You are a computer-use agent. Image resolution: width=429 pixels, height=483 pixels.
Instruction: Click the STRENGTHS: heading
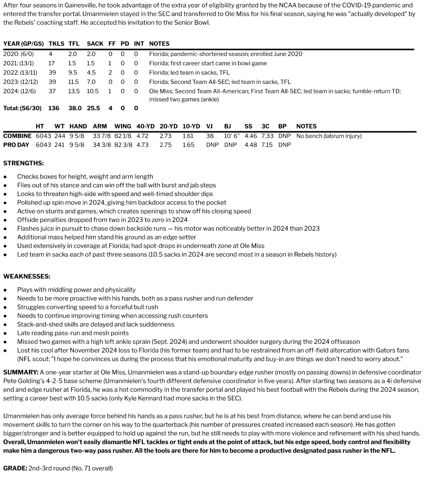(x=24, y=163)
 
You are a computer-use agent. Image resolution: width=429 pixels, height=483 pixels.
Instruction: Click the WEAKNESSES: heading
(x=27, y=276)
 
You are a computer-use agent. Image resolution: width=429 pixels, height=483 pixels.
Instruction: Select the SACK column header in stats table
(x=95, y=44)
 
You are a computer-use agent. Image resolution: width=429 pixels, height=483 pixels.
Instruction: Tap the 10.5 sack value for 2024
(x=93, y=91)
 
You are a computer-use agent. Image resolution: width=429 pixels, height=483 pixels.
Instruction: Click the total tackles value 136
(x=54, y=108)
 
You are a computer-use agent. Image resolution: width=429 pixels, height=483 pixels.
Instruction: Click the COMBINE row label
(x=17, y=136)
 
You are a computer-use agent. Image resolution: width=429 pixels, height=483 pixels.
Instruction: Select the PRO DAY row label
(x=16, y=145)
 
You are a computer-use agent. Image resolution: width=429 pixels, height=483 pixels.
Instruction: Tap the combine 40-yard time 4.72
(x=142, y=136)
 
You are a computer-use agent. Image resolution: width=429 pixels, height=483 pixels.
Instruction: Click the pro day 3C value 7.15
(x=267, y=145)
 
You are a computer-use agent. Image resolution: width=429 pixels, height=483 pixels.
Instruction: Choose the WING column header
(x=122, y=126)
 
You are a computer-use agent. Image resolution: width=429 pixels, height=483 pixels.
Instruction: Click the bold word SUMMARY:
(x=20, y=372)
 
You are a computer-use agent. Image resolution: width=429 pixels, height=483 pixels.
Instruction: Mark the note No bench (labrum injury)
(x=328, y=136)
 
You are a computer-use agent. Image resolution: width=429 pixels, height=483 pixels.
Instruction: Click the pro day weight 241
(x=60, y=145)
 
